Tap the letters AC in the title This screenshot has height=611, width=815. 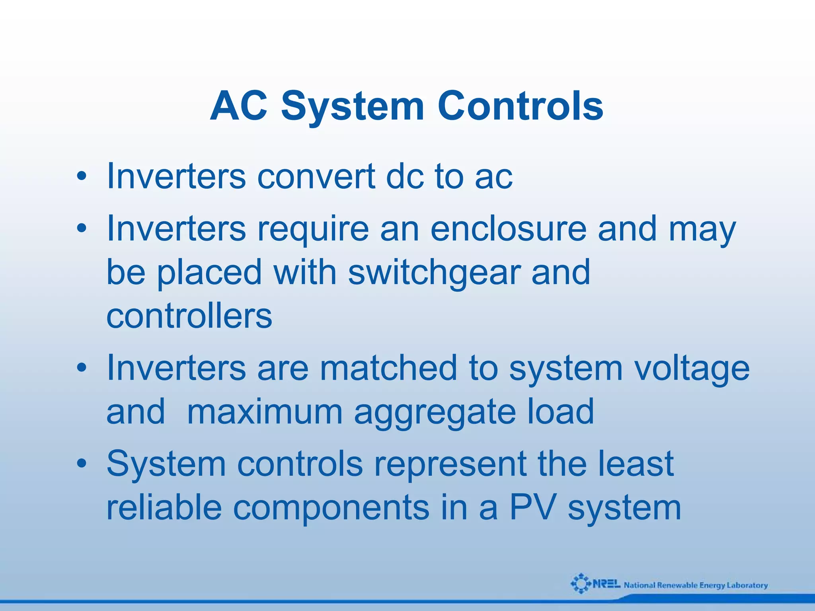pyautogui.click(x=238, y=106)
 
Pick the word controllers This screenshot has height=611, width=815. pyautogui.click(x=189, y=316)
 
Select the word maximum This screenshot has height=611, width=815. pyautogui.click(x=265, y=413)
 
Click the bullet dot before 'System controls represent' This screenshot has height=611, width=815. pyautogui.click(x=82, y=464)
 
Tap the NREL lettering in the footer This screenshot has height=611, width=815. pyautogui.click(x=606, y=584)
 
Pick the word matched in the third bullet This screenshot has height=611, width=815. pyautogui.click(x=388, y=368)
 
